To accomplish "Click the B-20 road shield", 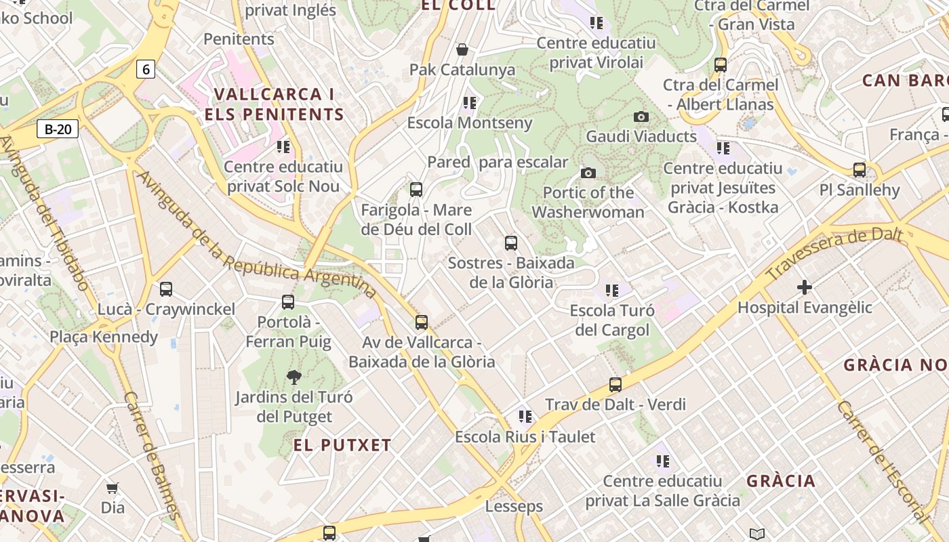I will pyautogui.click(x=58, y=129).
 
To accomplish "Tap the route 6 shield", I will pyautogui.click(x=146, y=68).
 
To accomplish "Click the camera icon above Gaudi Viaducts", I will pyautogui.click(x=641, y=117).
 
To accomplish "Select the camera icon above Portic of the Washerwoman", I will pyautogui.click(x=588, y=173).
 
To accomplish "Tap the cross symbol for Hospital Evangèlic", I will pyautogui.click(x=805, y=287).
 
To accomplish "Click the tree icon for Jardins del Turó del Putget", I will pyautogui.click(x=294, y=377).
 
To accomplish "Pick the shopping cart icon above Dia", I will pyautogui.click(x=113, y=488).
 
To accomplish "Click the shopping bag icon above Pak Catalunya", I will pyautogui.click(x=462, y=49).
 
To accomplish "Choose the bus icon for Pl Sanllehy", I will pyautogui.click(x=860, y=169).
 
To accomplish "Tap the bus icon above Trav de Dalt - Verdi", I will pyautogui.click(x=615, y=385).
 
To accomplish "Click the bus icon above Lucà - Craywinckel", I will pyautogui.click(x=166, y=289).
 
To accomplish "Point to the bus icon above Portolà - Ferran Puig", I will pyautogui.click(x=288, y=302).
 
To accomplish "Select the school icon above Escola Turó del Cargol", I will pyautogui.click(x=612, y=291).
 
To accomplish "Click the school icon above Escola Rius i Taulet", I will pyautogui.click(x=525, y=417).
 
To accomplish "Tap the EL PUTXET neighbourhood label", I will pyautogui.click(x=342, y=445).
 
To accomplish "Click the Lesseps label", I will pyautogui.click(x=514, y=506).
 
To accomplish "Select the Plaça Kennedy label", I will pyautogui.click(x=104, y=337).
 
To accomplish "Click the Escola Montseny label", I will pyautogui.click(x=470, y=123).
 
